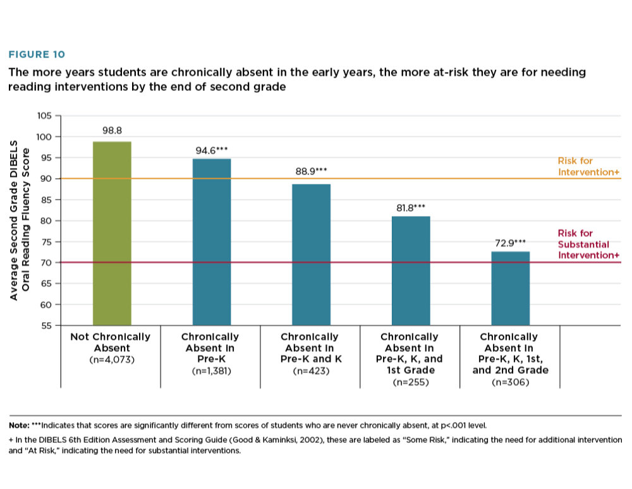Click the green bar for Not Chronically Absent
pos(112,233)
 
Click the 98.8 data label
pos(112,131)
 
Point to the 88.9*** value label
pos(311,172)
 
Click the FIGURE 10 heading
pos(36,55)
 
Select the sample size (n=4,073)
pos(111,359)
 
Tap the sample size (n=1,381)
pos(211,371)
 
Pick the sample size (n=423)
pos(310,371)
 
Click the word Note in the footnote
pos(19,424)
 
